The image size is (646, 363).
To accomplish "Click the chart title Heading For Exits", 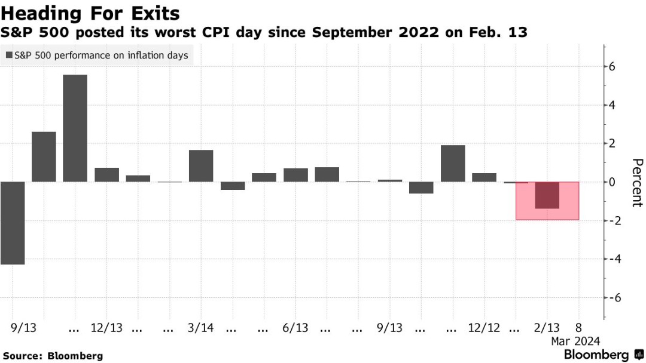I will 90,13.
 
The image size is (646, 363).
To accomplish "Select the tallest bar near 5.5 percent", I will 75,128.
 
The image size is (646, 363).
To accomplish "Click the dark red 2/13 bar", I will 547,195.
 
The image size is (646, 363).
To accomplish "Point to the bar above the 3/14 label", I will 201,165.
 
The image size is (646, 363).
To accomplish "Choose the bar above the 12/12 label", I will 484,177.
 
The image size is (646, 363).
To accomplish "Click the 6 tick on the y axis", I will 612,67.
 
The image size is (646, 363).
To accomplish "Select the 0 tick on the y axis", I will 612,182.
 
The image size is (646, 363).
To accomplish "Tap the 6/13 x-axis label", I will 295,328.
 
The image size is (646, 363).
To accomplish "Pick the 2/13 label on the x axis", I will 547,328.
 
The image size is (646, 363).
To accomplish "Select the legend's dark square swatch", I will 9,56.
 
